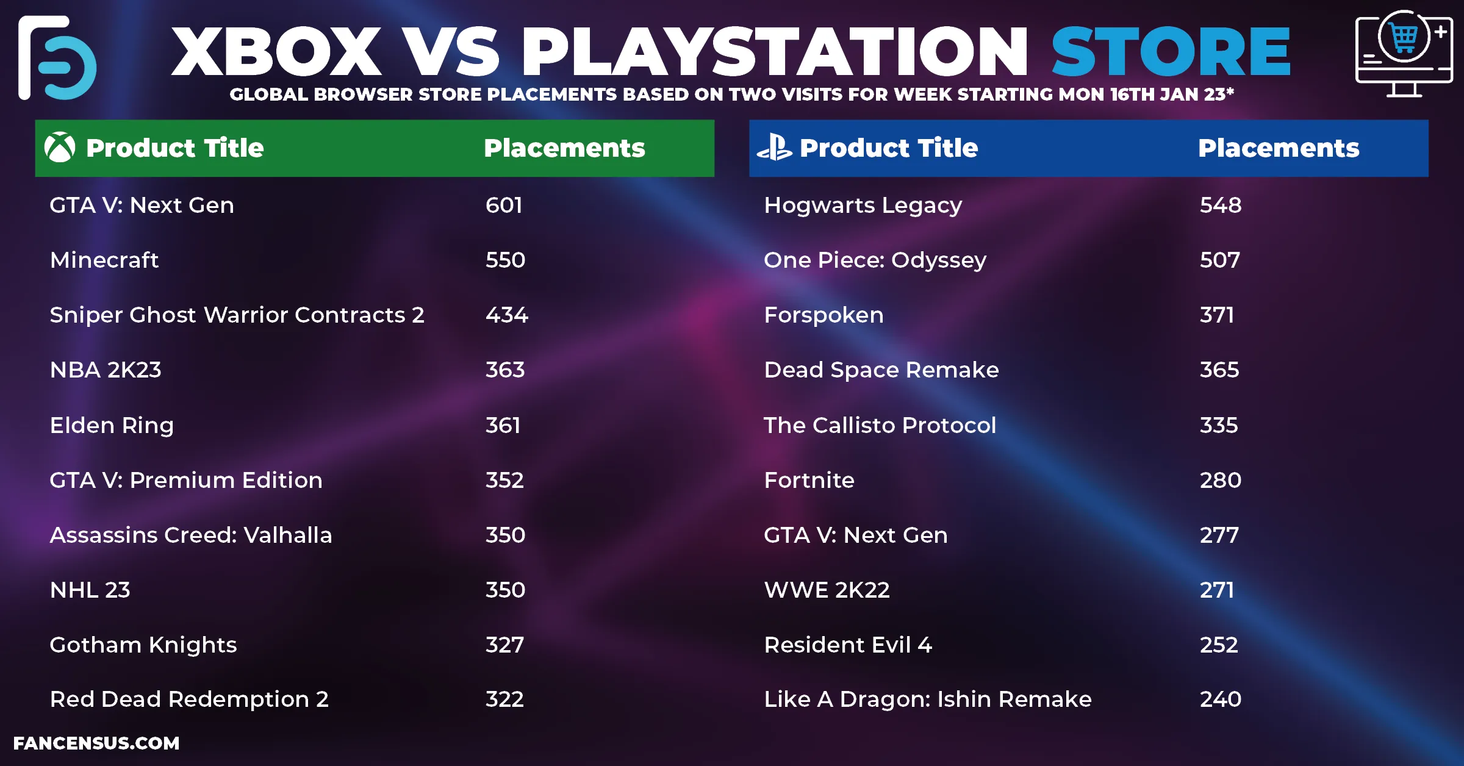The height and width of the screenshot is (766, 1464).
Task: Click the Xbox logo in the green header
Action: coord(60,148)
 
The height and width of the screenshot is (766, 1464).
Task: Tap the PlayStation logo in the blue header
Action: coord(774,148)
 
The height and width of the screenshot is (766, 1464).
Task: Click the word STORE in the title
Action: coord(1171,52)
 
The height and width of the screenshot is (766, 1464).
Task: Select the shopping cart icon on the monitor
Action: coord(1404,38)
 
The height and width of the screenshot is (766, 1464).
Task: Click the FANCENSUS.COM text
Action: coord(96,743)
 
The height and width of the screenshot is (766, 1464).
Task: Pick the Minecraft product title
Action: coord(104,260)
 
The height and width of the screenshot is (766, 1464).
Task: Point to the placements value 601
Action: coord(504,206)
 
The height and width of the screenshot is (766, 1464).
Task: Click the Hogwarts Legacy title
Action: coord(863,206)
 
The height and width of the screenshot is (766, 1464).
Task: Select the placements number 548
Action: coord(1221,206)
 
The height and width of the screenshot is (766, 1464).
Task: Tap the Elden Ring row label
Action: coord(112,426)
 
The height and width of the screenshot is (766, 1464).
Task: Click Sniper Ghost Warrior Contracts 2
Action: coord(237,315)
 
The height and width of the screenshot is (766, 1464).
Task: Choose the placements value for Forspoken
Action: coord(1217,315)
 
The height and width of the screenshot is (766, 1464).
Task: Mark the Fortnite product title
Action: coord(809,481)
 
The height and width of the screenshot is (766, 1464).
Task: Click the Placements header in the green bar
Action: coord(564,148)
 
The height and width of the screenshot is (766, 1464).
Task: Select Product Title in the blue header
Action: coord(889,148)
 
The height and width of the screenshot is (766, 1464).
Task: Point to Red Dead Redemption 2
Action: coord(189,700)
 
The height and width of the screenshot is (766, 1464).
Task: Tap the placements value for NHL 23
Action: coord(505,590)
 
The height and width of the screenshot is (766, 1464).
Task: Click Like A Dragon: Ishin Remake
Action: coord(928,700)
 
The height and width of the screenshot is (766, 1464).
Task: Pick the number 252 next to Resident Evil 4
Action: coord(1219,645)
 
